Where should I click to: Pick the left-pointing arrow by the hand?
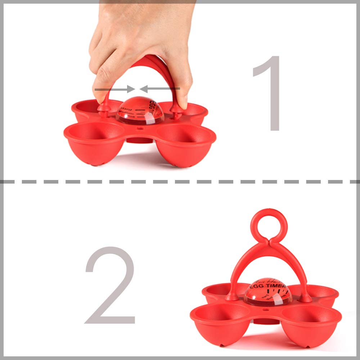[x=160, y=89]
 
